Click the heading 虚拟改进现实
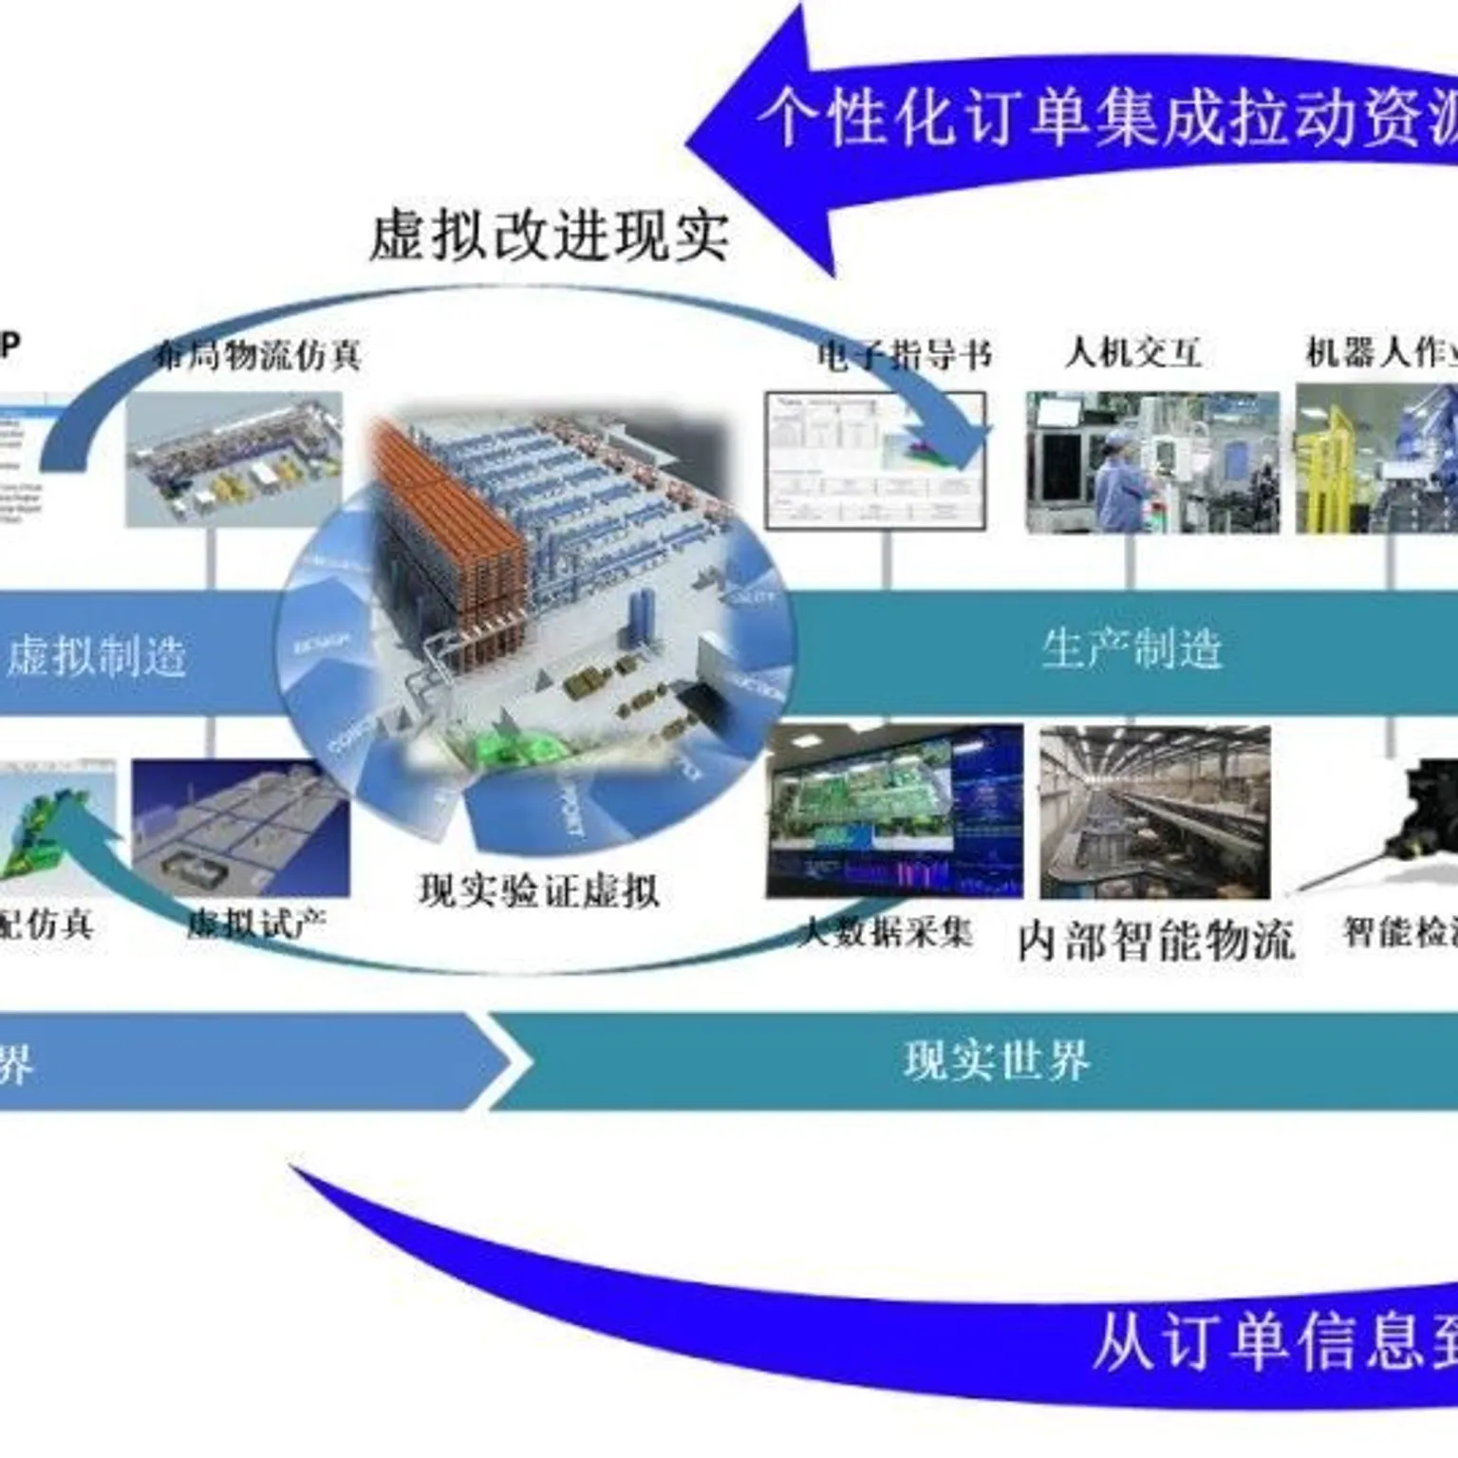coord(549,234)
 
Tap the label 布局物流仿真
coord(258,355)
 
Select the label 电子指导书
coord(904,355)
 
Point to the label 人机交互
coord(1132,353)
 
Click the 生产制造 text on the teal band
coord(1131,650)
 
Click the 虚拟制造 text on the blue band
coord(97,656)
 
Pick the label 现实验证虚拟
coord(539,891)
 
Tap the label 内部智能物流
coord(1156,941)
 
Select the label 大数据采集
coord(885,932)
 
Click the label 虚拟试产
coord(256,923)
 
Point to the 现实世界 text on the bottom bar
coord(997,1060)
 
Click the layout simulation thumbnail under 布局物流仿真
coord(234,460)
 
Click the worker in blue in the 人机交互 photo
coord(1120,484)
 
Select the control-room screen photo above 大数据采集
coord(894,811)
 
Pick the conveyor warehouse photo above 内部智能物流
coord(1155,812)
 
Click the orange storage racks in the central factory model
coord(446,532)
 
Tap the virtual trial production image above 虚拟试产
coord(240,828)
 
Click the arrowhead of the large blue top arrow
coord(750,142)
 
